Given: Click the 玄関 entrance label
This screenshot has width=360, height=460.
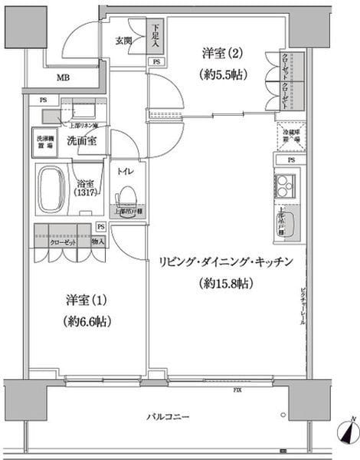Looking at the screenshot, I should pos(125,40).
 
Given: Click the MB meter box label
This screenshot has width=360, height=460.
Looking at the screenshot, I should pos(63,77).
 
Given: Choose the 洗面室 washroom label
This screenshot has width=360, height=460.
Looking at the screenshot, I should pos(81,141).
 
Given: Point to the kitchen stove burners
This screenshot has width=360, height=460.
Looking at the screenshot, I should pos(285,185).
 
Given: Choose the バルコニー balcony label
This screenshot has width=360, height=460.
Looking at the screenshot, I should pos(169,417).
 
